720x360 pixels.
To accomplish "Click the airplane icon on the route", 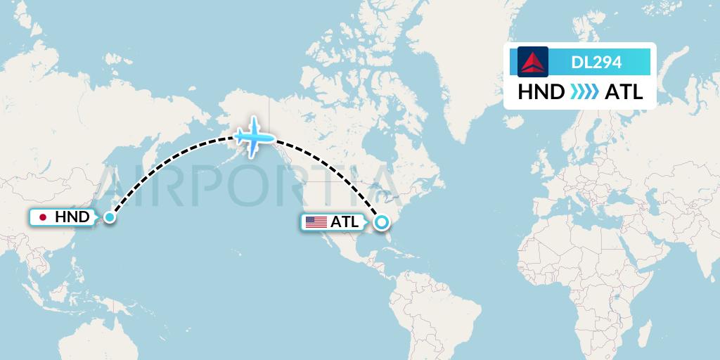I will [253, 136].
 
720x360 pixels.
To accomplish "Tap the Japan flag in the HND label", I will [44, 217].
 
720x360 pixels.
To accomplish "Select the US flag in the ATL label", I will [316, 222].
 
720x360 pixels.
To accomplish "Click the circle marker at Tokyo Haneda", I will [109, 217].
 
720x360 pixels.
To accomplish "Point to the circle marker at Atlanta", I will [381, 223].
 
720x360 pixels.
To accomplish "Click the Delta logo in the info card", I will [533, 62].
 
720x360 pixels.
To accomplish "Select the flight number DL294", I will [596, 63].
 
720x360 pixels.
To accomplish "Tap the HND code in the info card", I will [541, 92].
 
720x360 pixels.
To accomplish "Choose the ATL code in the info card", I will [624, 92].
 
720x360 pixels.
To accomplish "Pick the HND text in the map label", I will [72, 217].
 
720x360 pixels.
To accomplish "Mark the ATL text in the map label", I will [345, 222].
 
